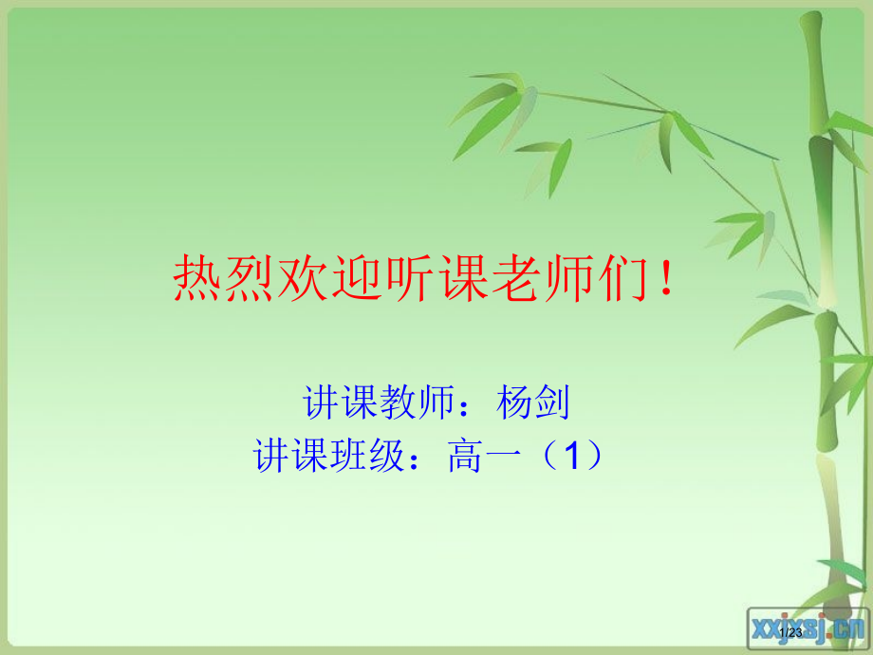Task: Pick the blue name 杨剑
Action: (532, 403)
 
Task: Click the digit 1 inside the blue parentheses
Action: (570, 458)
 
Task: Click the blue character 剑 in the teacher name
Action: (551, 403)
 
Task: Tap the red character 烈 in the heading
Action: (250, 278)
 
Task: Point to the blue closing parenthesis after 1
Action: (595, 458)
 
